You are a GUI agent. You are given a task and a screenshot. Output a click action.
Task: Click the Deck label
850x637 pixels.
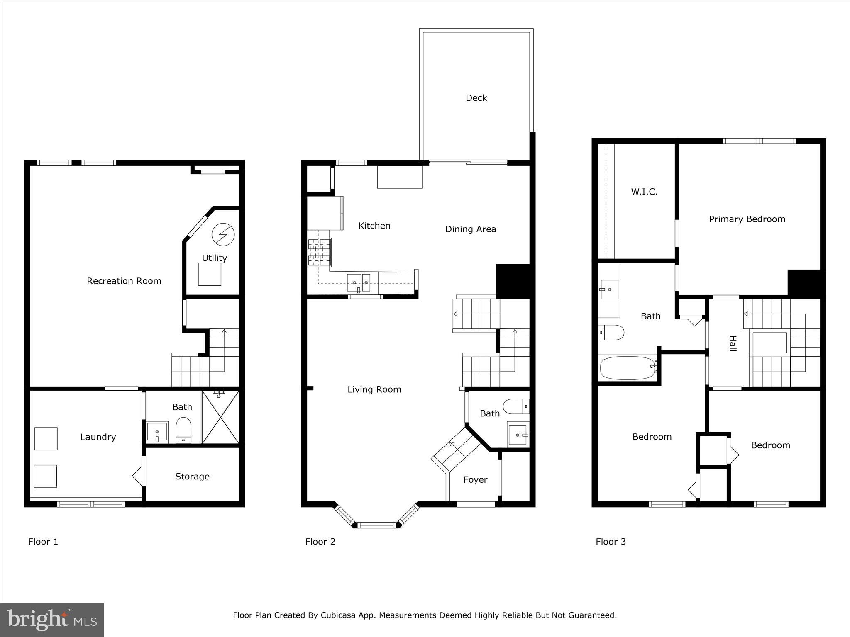pos(476,98)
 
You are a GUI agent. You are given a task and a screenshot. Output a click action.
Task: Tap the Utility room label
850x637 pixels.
pos(214,258)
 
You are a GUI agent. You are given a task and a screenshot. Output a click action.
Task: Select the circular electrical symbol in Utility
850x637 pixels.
pos(223,235)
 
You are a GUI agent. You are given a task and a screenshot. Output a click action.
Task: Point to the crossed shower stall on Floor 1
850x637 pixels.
pos(220,417)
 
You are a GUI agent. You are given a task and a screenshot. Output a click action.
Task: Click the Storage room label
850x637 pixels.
pos(192,477)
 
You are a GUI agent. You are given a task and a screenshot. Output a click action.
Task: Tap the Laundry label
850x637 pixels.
pos(98,437)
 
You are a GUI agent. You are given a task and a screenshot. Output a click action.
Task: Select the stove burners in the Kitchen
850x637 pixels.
pos(319,252)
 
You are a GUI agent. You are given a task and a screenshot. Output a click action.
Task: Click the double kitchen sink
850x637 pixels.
pos(359,282)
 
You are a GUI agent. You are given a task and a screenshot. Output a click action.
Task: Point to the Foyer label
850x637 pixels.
pos(475,480)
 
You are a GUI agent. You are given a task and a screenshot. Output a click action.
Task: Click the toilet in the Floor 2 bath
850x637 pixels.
pos(516,406)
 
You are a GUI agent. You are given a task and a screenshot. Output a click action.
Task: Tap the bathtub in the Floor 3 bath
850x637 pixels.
pos(628,368)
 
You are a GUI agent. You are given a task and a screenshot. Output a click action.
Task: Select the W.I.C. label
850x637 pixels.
pos(644,192)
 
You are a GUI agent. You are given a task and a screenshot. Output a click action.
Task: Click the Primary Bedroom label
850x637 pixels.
pos(747,219)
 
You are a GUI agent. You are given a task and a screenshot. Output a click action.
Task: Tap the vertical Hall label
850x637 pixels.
pos(733,343)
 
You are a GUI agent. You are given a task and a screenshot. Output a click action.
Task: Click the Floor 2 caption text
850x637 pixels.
pos(320,542)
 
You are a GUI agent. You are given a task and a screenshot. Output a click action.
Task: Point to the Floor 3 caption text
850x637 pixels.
pos(611,542)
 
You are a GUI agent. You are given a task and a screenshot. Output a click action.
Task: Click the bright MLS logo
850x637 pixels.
pos(52,620)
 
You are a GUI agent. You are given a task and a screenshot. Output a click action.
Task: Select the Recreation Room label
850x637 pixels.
pos(124,281)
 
